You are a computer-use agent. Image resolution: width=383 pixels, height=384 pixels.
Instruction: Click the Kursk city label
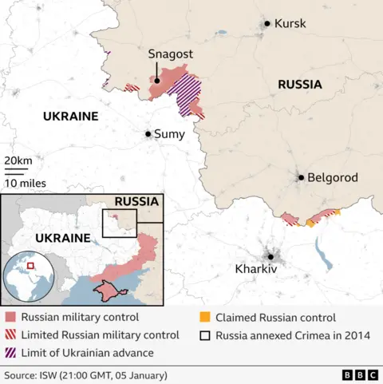(290, 24)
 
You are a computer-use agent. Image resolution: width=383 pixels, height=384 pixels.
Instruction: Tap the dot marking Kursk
(267, 24)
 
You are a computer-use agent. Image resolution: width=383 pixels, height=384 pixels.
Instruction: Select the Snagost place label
(169, 54)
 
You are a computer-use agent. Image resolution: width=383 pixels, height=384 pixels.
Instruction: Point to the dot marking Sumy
(148, 134)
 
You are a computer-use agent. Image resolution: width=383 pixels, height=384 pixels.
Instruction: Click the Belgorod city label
(334, 178)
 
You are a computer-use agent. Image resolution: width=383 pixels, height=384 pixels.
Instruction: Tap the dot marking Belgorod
(301, 178)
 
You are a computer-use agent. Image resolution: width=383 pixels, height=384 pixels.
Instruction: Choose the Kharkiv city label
(256, 270)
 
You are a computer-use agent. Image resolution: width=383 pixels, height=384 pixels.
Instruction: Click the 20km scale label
(18, 161)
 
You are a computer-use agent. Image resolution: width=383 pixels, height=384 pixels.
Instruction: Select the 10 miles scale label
(24, 183)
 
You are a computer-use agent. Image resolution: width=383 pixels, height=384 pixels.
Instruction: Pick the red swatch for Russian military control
(10, 317)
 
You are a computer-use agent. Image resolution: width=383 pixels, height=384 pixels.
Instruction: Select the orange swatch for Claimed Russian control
(205, 317)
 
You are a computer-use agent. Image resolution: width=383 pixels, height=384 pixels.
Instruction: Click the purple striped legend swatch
(10, 352)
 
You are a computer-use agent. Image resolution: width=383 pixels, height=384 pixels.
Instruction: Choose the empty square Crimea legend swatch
(205, 335)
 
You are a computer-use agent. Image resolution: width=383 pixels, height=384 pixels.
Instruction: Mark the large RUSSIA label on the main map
(300, 84)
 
